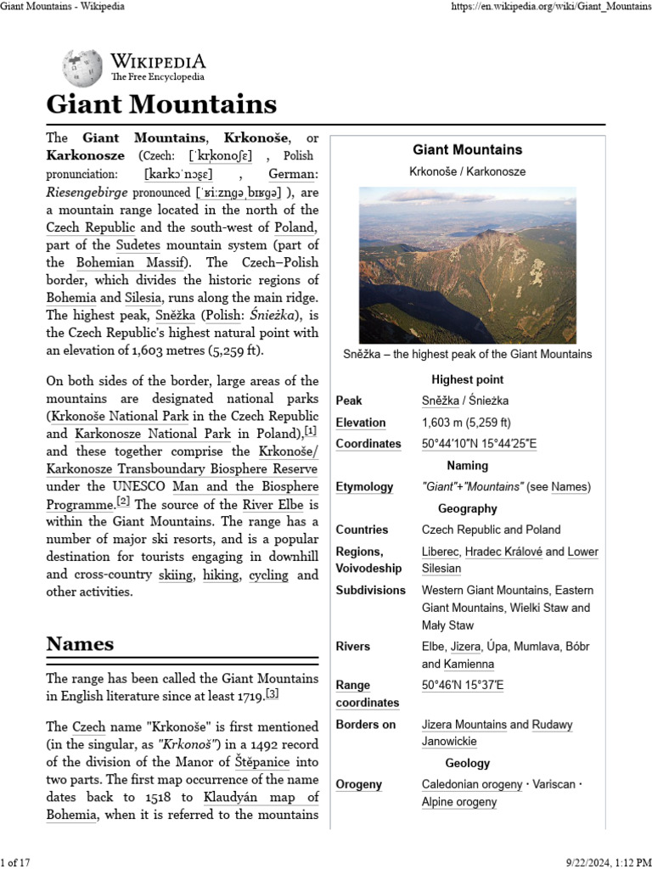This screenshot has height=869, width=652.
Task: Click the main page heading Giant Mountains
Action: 161,104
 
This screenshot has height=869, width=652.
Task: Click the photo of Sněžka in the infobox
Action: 468,265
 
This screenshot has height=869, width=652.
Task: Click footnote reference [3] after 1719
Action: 272,695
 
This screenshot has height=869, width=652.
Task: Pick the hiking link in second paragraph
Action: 221,575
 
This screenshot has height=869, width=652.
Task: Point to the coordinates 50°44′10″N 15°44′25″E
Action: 479,444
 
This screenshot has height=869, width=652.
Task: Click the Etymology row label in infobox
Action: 364,487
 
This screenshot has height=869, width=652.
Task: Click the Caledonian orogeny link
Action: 472,785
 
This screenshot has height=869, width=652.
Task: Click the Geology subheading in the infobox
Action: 467,763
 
